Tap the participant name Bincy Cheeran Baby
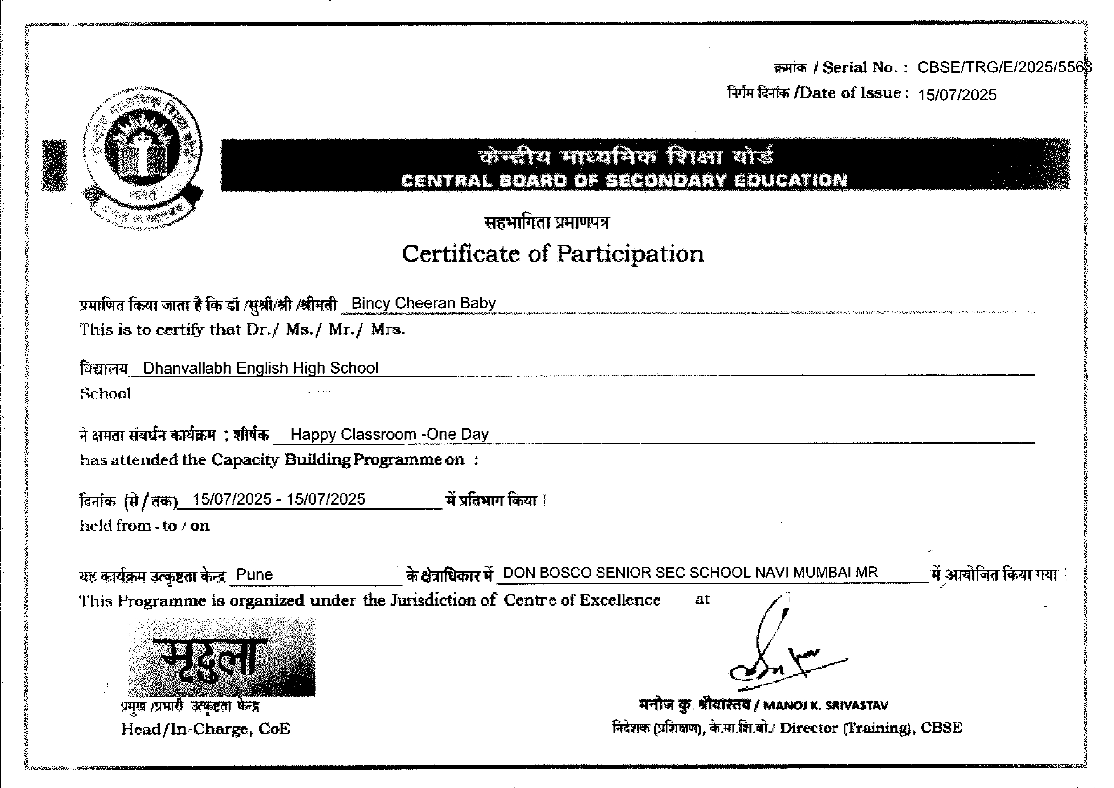pyautogui.click(x=423, y=303)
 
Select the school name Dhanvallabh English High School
pyautogui.click(x=260, y=368)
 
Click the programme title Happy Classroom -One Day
pyautogui.click(x=389, y=434)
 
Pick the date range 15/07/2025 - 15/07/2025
pyautogui.click(x=279, y=499)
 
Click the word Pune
pyautogui.click(x=254, y=574)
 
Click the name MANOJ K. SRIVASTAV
pyautogui.click(x=825, y=705)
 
